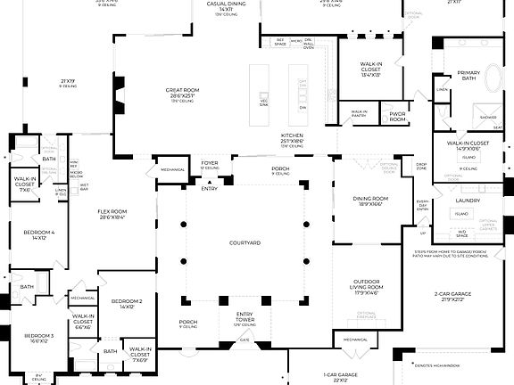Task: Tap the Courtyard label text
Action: (244, 242)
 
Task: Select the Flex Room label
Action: (112, 212)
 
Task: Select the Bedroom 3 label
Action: (39, 336)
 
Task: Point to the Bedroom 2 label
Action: (128, 302)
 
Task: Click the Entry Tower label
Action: (244, 316)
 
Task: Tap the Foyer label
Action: (210, 163)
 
